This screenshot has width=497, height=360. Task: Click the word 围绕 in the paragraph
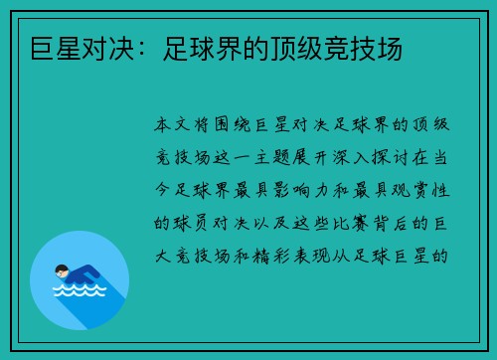click(x=237, y=126)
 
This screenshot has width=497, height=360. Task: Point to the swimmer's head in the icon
click(x=63, y=270)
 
